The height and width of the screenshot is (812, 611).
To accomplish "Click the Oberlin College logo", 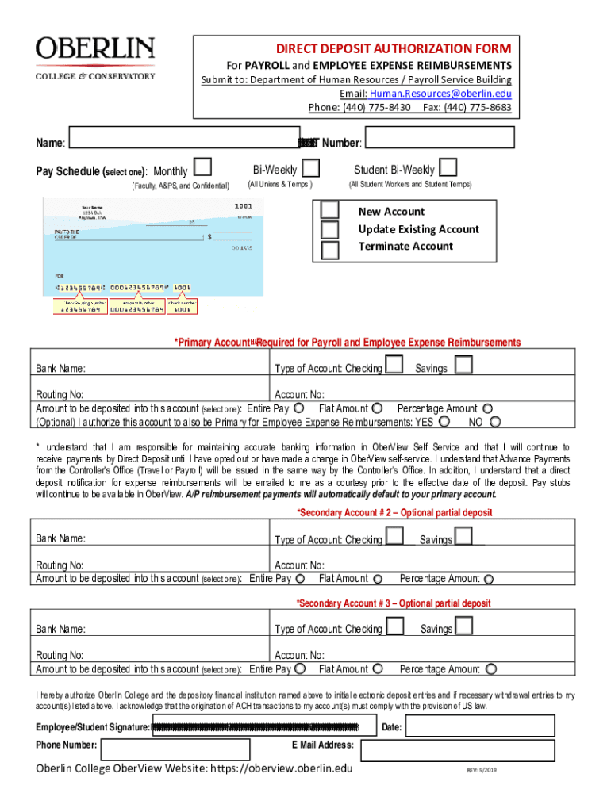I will click(95, 58).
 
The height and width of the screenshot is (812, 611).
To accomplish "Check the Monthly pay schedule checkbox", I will click(203, 167).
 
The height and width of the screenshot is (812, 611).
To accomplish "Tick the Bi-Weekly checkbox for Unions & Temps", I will click(312, 169).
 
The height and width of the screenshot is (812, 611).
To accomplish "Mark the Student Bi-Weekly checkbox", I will click(448, 167).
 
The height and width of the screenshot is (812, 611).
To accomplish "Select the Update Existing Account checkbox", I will click(330, 230).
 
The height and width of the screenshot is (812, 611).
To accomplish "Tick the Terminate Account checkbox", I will click(330, 249).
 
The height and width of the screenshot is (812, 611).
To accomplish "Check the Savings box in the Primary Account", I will click(463, 365).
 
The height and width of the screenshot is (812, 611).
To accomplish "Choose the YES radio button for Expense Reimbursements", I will click(444, 422).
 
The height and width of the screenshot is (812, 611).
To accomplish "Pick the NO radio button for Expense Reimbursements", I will click(495, 422).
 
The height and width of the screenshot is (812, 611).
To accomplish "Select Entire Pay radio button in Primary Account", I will click(298, 408).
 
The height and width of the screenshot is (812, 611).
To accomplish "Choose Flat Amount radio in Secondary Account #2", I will click(378, 580).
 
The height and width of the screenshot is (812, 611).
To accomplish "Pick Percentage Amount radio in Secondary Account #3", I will click(489, 670).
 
